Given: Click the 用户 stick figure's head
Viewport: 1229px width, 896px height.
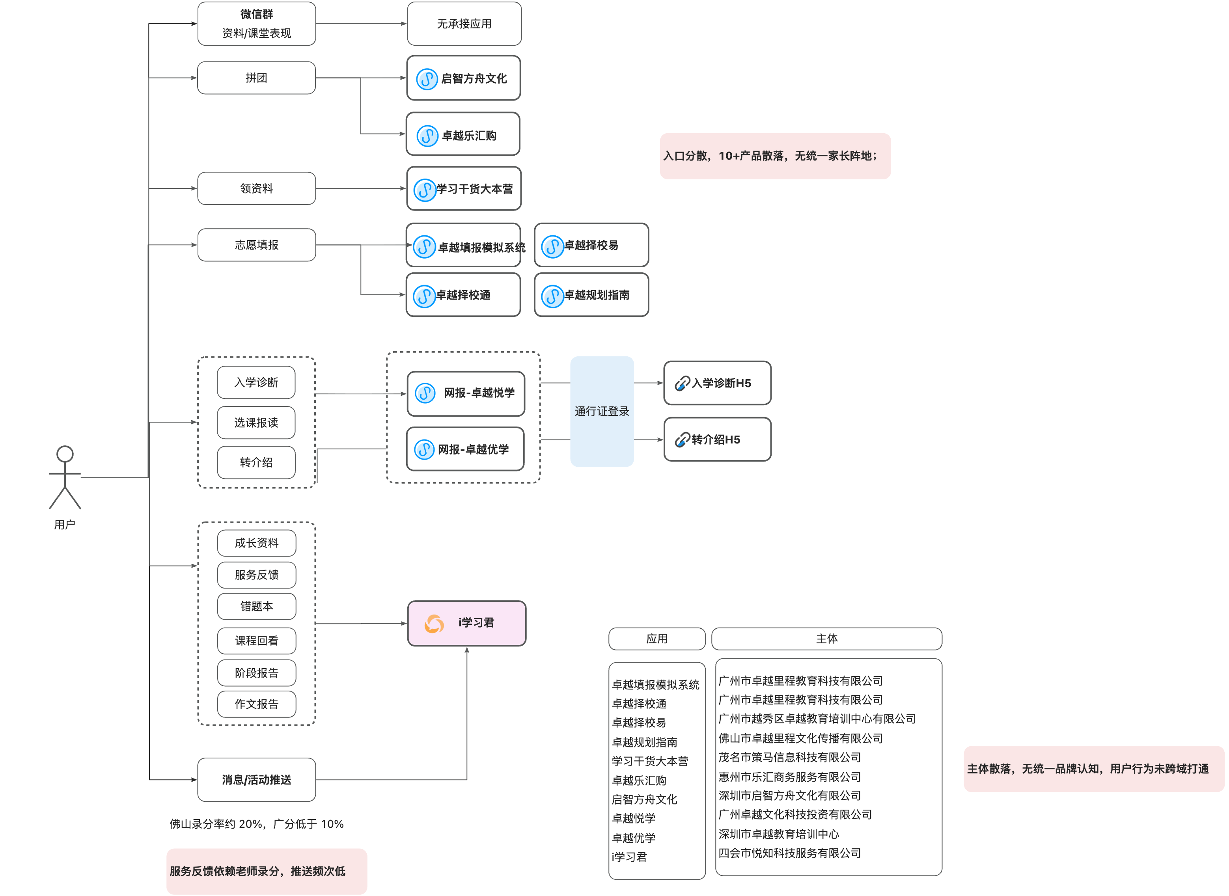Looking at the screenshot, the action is pos(65,454).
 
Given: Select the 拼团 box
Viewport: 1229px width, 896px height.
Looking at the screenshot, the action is pos(257,78).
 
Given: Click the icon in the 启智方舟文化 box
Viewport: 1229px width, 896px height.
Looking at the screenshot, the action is pos(427,79).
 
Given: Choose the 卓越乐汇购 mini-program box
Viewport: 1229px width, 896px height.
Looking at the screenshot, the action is pos(463,134).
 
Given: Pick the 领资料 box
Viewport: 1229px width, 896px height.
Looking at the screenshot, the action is pos(257,188).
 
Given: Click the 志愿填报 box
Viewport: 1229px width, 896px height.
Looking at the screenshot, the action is pos(257,245).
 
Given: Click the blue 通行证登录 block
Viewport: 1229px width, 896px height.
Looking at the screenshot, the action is pos(602,411).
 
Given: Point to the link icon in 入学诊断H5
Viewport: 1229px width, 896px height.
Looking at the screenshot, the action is pos(682,384).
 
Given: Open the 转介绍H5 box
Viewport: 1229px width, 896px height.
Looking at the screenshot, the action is pos(718,439).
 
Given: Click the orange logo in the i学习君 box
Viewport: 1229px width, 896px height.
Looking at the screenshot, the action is pos(434,624).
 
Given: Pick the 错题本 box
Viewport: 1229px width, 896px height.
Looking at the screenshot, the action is pos(257,606).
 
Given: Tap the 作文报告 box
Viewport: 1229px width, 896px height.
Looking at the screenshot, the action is pos(257,704).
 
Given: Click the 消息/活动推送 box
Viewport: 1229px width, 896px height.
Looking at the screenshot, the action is pos(257,779).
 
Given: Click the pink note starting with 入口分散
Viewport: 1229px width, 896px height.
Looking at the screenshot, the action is pos(775,156).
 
